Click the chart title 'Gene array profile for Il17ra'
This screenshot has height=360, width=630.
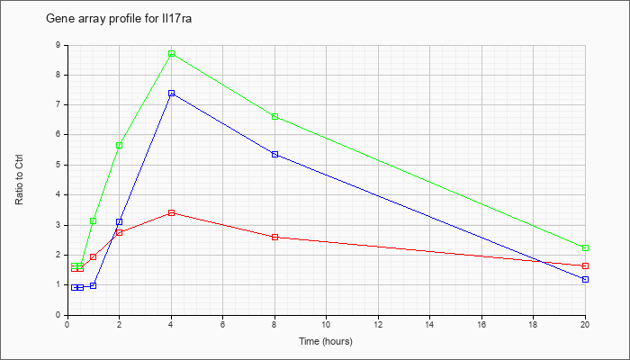(119, 19)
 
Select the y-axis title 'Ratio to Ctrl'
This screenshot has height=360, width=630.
(19, 179)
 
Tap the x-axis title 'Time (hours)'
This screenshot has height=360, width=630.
(326, 341)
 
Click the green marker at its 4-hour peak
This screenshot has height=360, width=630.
(172, 53)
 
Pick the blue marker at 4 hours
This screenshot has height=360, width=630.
(172, 94)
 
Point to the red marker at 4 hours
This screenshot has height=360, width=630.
(172, 212)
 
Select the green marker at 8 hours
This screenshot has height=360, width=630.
(274, 116)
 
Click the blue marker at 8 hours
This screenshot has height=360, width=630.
(274, 154)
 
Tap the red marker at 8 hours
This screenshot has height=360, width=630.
(274, 237)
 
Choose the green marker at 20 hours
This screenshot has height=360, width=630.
(585, 247)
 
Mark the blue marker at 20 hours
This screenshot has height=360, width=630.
(585, 279)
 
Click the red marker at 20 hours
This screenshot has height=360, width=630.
(585, 266)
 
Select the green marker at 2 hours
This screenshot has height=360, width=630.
(120, 145)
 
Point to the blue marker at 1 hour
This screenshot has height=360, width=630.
(94, 285)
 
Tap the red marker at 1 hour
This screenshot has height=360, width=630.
(94, 256)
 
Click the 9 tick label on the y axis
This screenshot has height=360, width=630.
(58, 45)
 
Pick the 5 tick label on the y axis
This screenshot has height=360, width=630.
(58, 165)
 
